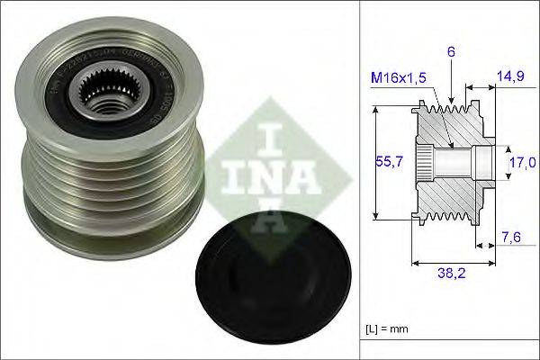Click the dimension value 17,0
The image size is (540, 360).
(x=521, y=163)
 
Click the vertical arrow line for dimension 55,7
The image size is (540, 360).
(x=372, y=162)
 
